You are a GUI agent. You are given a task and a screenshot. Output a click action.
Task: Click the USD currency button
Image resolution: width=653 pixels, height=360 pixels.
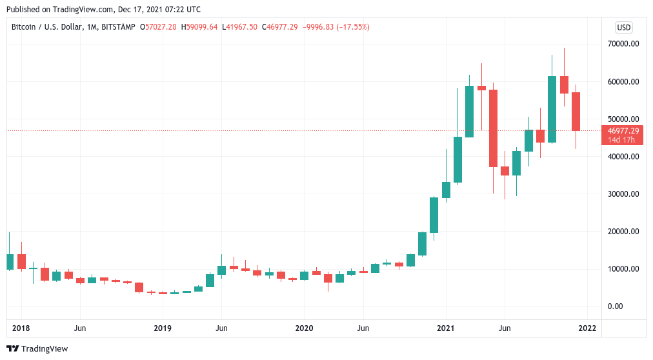point(624,27)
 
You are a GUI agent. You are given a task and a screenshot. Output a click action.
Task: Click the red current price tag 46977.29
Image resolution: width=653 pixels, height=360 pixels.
point(623,130)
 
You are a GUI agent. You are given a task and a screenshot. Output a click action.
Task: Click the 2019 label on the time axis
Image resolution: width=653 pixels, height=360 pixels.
point(163,328)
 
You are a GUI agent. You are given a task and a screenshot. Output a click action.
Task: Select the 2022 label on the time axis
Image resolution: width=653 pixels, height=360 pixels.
point(587,328)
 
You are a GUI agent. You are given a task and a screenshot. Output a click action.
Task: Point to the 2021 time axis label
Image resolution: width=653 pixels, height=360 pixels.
point(446,328)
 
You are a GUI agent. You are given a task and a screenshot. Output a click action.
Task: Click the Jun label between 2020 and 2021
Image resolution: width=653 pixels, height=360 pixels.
point(363,328)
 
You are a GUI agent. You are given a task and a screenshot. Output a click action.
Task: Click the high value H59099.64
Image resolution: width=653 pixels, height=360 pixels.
point(201,27)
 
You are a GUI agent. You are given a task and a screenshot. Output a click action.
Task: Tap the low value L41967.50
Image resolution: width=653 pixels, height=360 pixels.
point(240,27)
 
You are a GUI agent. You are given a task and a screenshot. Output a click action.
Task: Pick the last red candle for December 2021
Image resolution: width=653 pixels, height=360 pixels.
point(576,111)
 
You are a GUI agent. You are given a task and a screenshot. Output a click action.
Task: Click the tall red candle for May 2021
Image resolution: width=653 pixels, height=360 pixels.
point(493,128)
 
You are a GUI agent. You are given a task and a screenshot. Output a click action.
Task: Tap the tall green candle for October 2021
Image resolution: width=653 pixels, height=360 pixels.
point(552,109)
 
